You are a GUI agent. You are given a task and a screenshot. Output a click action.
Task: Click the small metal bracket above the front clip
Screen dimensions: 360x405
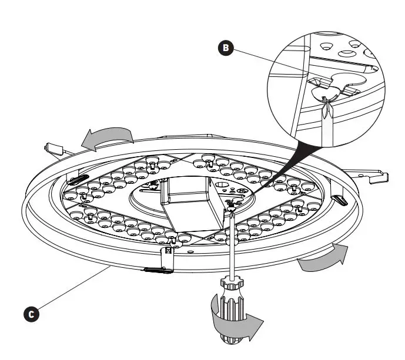pyautogui.click(x=168, y=253)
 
